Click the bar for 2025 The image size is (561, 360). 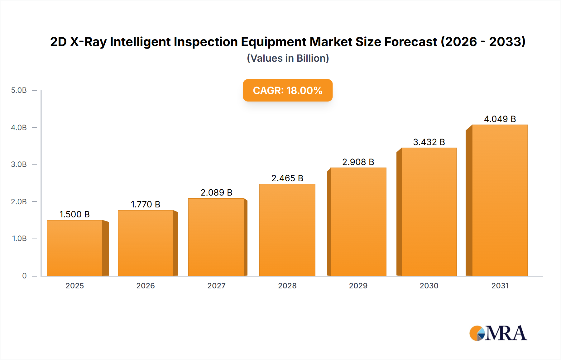click(x=75, y=248)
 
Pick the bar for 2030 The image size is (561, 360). click(x=429, y=212)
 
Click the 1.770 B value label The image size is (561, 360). click(x=145, y=204)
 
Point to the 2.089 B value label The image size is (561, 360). click(x=216, y=192)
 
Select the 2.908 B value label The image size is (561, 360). click(x=358, y=162)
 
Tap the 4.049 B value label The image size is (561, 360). click(x=500, y=119)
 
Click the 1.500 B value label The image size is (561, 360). click(x=74, y=214)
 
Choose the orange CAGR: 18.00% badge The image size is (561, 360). click(x=288, y=90)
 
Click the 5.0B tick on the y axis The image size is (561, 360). click(x=19, y=90)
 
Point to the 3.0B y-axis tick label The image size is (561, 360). click(x=19, y=164)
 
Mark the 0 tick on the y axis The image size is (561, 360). click(x=24, y=276)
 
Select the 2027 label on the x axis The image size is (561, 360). click(x=216, y=286)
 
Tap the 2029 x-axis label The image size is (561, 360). click(x=358, y=286)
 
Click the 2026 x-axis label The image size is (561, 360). click(x=145, y=286)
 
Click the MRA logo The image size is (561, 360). click(x=498, y=333)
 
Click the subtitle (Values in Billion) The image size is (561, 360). click(x=288, y=58)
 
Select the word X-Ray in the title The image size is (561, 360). click(x=88, y=42)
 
